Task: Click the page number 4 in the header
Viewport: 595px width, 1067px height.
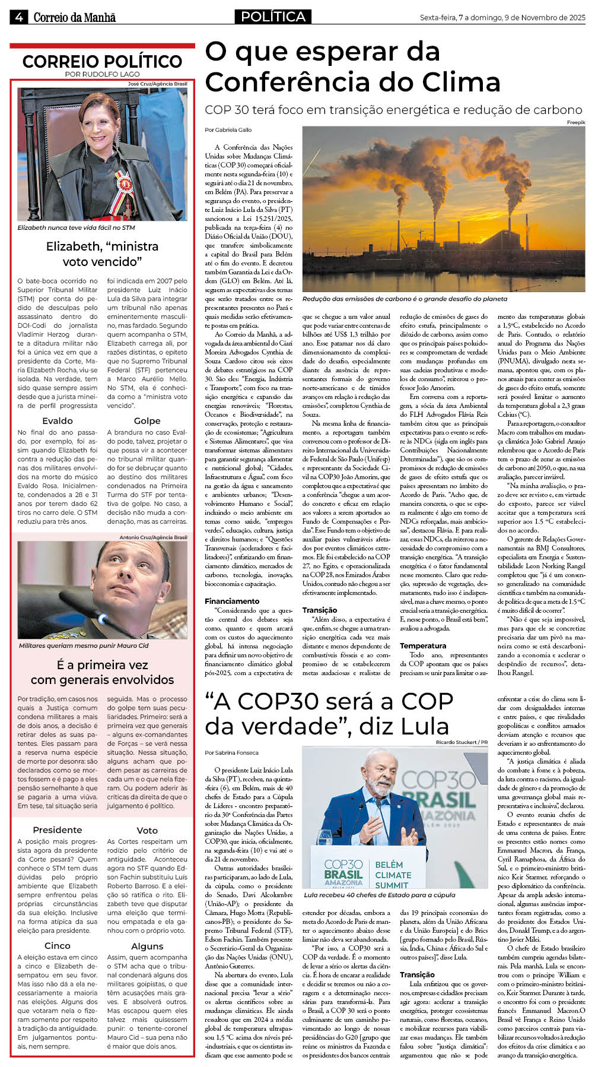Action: [x=18, y=17]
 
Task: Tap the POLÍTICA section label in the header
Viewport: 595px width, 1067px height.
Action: [x=273, y=17]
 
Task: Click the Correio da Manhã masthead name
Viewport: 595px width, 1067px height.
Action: [x=74, y=18]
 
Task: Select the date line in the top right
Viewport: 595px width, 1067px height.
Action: [x=502, y=18]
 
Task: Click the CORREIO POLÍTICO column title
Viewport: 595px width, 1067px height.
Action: [x=102, y=61]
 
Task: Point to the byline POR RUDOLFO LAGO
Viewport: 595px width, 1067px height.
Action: [x=102, y=74]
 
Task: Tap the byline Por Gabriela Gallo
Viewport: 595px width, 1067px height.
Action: [x=228, y=129]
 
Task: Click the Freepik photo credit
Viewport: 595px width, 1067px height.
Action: [x=575, y=122]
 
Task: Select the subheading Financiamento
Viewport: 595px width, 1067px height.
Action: [x=232, y=601]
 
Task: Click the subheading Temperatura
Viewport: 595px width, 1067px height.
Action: [x=422, y=645]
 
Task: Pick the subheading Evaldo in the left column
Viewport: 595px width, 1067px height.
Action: [x=58, y=420]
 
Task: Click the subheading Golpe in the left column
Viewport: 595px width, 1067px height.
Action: [x=147, y=420]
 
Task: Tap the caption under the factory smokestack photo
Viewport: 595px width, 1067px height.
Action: [x=405, y=299]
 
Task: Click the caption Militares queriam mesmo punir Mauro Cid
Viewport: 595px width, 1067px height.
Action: [x=84, y=645]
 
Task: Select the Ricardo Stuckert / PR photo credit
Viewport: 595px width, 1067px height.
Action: [x=461, y=742]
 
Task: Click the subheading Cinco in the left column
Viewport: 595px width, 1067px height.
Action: [x=58, y=945]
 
